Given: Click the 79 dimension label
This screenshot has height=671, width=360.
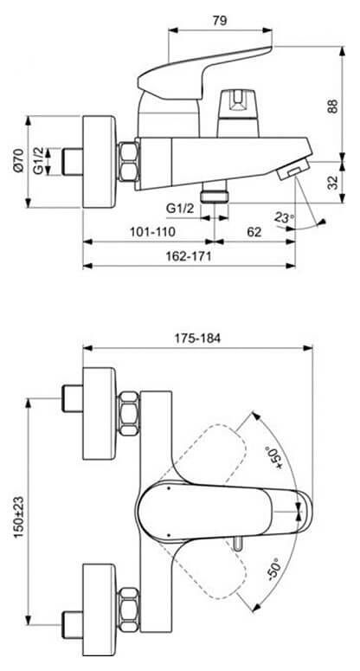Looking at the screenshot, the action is (x=220, y=20).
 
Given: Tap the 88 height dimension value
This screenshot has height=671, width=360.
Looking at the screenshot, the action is (x=333, y=106).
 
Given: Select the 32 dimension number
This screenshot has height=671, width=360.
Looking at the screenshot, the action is (x=333, y=183).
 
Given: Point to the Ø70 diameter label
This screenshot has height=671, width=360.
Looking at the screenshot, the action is (x=17, y=160).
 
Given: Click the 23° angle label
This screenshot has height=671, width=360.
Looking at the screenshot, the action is (x=285, y=217).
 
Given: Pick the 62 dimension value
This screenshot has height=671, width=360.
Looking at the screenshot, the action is (x=254, y=232).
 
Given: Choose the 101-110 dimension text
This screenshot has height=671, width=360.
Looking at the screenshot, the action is (x=152, y=232).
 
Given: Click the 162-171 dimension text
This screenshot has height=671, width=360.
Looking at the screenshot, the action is (x=188, y=256).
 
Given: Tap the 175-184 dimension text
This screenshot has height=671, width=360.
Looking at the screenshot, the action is (x=197, y=338).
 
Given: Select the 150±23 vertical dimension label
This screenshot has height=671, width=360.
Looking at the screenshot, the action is (x=19, y=517).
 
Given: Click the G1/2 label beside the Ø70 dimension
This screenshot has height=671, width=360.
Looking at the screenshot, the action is (x=39, y=161).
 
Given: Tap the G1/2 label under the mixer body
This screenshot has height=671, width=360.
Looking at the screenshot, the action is (x=180, y=209).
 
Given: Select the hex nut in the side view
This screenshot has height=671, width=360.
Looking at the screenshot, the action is (x=128, y=161).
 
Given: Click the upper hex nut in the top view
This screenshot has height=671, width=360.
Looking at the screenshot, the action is (x=129, y=413).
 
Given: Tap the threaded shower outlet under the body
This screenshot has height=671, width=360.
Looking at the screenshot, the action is (x=215, y=190).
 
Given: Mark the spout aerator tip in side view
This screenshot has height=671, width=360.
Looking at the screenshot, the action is (x=292, y=169).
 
